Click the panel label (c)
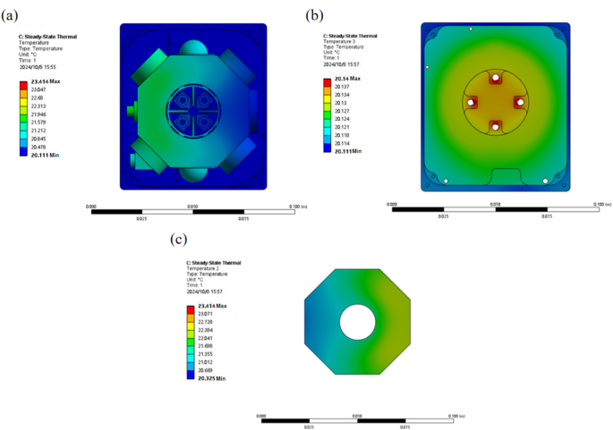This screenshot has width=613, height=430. click(179, 239)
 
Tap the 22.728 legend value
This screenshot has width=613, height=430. click(206, 321)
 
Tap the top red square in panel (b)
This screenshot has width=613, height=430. click(494, 78)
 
